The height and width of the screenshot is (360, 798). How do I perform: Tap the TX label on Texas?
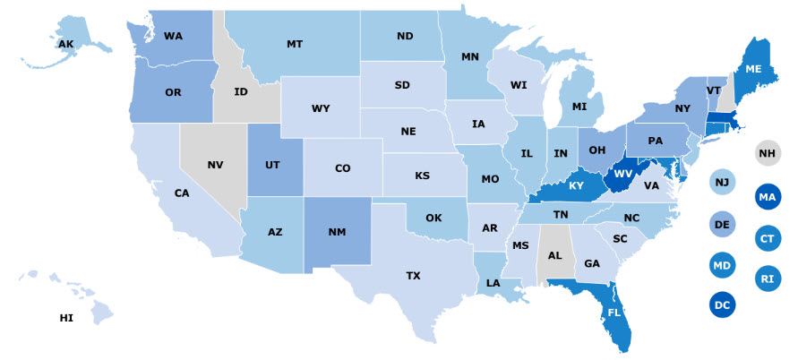pos(413,276)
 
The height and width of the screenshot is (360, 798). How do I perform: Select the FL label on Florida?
pos(614,313)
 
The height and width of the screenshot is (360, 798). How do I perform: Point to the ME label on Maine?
pos(755,70)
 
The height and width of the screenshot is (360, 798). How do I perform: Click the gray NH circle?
pos(767,154)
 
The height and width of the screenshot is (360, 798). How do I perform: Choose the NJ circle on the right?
pos(722,183)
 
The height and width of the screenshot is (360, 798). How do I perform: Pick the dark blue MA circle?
pos(767,196)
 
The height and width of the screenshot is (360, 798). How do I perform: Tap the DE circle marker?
pos(722,224)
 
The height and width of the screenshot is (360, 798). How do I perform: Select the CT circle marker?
pos(767,238)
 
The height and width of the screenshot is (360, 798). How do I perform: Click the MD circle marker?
pos(722,265)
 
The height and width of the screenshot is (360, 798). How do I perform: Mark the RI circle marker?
pos(767,279)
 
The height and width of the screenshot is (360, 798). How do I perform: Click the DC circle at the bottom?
pos(722,305)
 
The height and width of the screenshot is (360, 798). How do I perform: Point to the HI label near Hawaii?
pos(66,318)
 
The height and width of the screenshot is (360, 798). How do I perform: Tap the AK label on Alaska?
pos(65,44)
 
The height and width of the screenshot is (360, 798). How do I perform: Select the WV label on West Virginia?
pos(622,173)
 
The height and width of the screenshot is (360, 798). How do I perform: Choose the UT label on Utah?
pos(275,166)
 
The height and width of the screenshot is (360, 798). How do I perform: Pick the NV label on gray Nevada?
pos(215,166)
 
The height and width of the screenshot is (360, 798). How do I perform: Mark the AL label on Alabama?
pos(553,254)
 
